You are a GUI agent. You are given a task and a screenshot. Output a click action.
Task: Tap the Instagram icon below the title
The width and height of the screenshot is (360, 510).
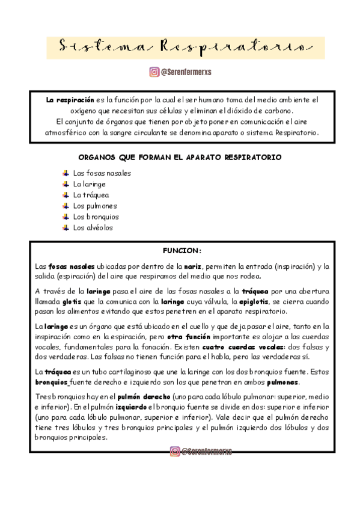click(x=154, y=72)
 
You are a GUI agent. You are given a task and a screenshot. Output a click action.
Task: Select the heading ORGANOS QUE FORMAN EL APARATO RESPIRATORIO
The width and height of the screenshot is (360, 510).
click(x=180, y=158)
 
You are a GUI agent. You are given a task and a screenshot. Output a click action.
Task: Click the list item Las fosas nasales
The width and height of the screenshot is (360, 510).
click(x=102, y=173)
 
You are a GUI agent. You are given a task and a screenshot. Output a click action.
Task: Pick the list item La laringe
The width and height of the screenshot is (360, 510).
click(x=89, y=184)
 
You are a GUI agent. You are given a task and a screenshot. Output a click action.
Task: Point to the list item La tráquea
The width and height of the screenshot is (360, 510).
click(x=91, y=195)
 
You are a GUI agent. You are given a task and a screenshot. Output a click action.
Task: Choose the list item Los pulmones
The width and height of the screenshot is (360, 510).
click(x=94, y=206)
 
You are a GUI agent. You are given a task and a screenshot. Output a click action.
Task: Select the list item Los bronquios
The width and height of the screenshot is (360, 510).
click(x=96, y=217)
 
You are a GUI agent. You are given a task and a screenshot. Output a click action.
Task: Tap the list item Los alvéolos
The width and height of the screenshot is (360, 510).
click(x=93, y=228)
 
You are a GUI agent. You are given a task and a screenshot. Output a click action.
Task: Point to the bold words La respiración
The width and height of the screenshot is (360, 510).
click(x=70, y=99)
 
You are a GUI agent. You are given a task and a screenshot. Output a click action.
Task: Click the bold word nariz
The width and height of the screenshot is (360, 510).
click(x=192, y=266)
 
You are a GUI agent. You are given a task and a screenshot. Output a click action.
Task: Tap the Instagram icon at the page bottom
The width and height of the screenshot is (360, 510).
click(x=174, y=451)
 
